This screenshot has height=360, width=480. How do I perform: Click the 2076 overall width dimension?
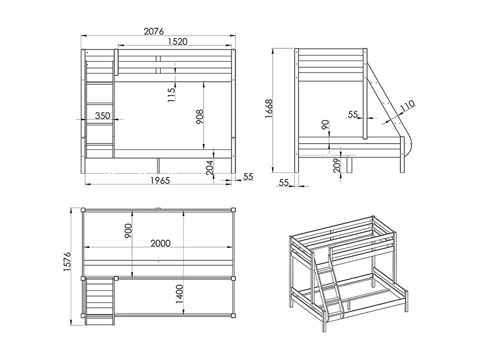(x=154, y=31)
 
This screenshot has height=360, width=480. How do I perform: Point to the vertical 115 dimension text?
(x=172, y=94)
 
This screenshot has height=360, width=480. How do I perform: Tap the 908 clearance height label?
(x=200, y=116)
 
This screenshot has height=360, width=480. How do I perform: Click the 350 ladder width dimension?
(x=102, y=116)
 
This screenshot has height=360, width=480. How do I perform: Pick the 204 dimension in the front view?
(x=210, y=167)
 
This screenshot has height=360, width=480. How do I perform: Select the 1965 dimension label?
(x=160, y=180)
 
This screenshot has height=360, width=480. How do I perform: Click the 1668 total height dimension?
(x=269, y=109)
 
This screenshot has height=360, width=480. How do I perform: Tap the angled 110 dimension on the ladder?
(x=407, y=106)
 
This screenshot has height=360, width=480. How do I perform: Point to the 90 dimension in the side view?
(x=325, y=125)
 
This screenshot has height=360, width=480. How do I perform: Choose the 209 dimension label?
(x=337, y=165)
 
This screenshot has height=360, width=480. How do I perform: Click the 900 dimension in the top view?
(x=128, y=231)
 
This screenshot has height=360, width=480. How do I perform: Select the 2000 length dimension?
(x=160, y=244)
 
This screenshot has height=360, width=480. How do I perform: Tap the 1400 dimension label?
(x=179, y=294)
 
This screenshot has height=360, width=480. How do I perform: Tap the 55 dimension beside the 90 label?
(x=353, y=114)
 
